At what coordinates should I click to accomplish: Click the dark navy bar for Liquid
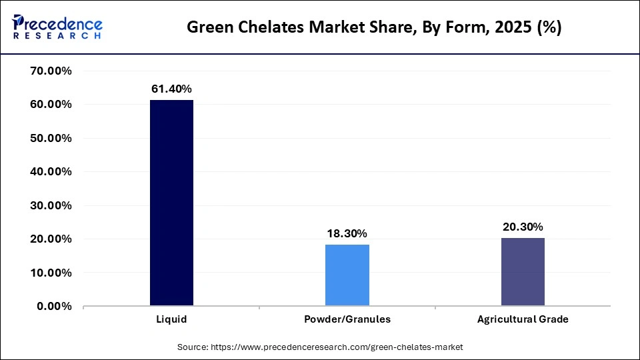point(171,203)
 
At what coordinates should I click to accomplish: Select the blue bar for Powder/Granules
point(347,275)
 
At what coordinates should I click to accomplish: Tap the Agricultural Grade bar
point(523,272)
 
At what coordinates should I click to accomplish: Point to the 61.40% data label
point(171,89)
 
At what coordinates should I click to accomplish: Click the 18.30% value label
point(347,233)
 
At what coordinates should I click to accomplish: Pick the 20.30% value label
point(523,227)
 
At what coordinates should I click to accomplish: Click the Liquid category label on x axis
point(171,319)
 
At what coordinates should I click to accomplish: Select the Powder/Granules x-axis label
point(347,319)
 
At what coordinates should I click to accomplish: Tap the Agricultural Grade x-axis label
point(523,319)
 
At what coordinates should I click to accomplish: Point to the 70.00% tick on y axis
point(51,71)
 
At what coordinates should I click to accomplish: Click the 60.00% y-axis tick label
point(51,105)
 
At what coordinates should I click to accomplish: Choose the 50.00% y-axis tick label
point(51,138)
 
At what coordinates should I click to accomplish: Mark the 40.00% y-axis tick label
point(51,171)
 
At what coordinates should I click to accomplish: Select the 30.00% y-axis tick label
point(51,205)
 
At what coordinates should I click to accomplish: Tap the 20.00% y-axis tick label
point(51,239)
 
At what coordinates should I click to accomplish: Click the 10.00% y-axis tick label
point(51,273)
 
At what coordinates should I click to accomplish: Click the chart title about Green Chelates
point(373,27)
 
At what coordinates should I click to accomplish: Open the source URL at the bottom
point(320,347)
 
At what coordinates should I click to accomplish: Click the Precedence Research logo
point(57,27)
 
